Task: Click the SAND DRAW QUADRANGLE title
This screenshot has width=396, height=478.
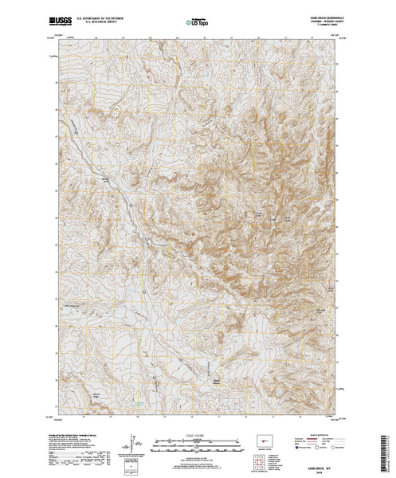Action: pyautogui.click(x=322, y=14)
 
